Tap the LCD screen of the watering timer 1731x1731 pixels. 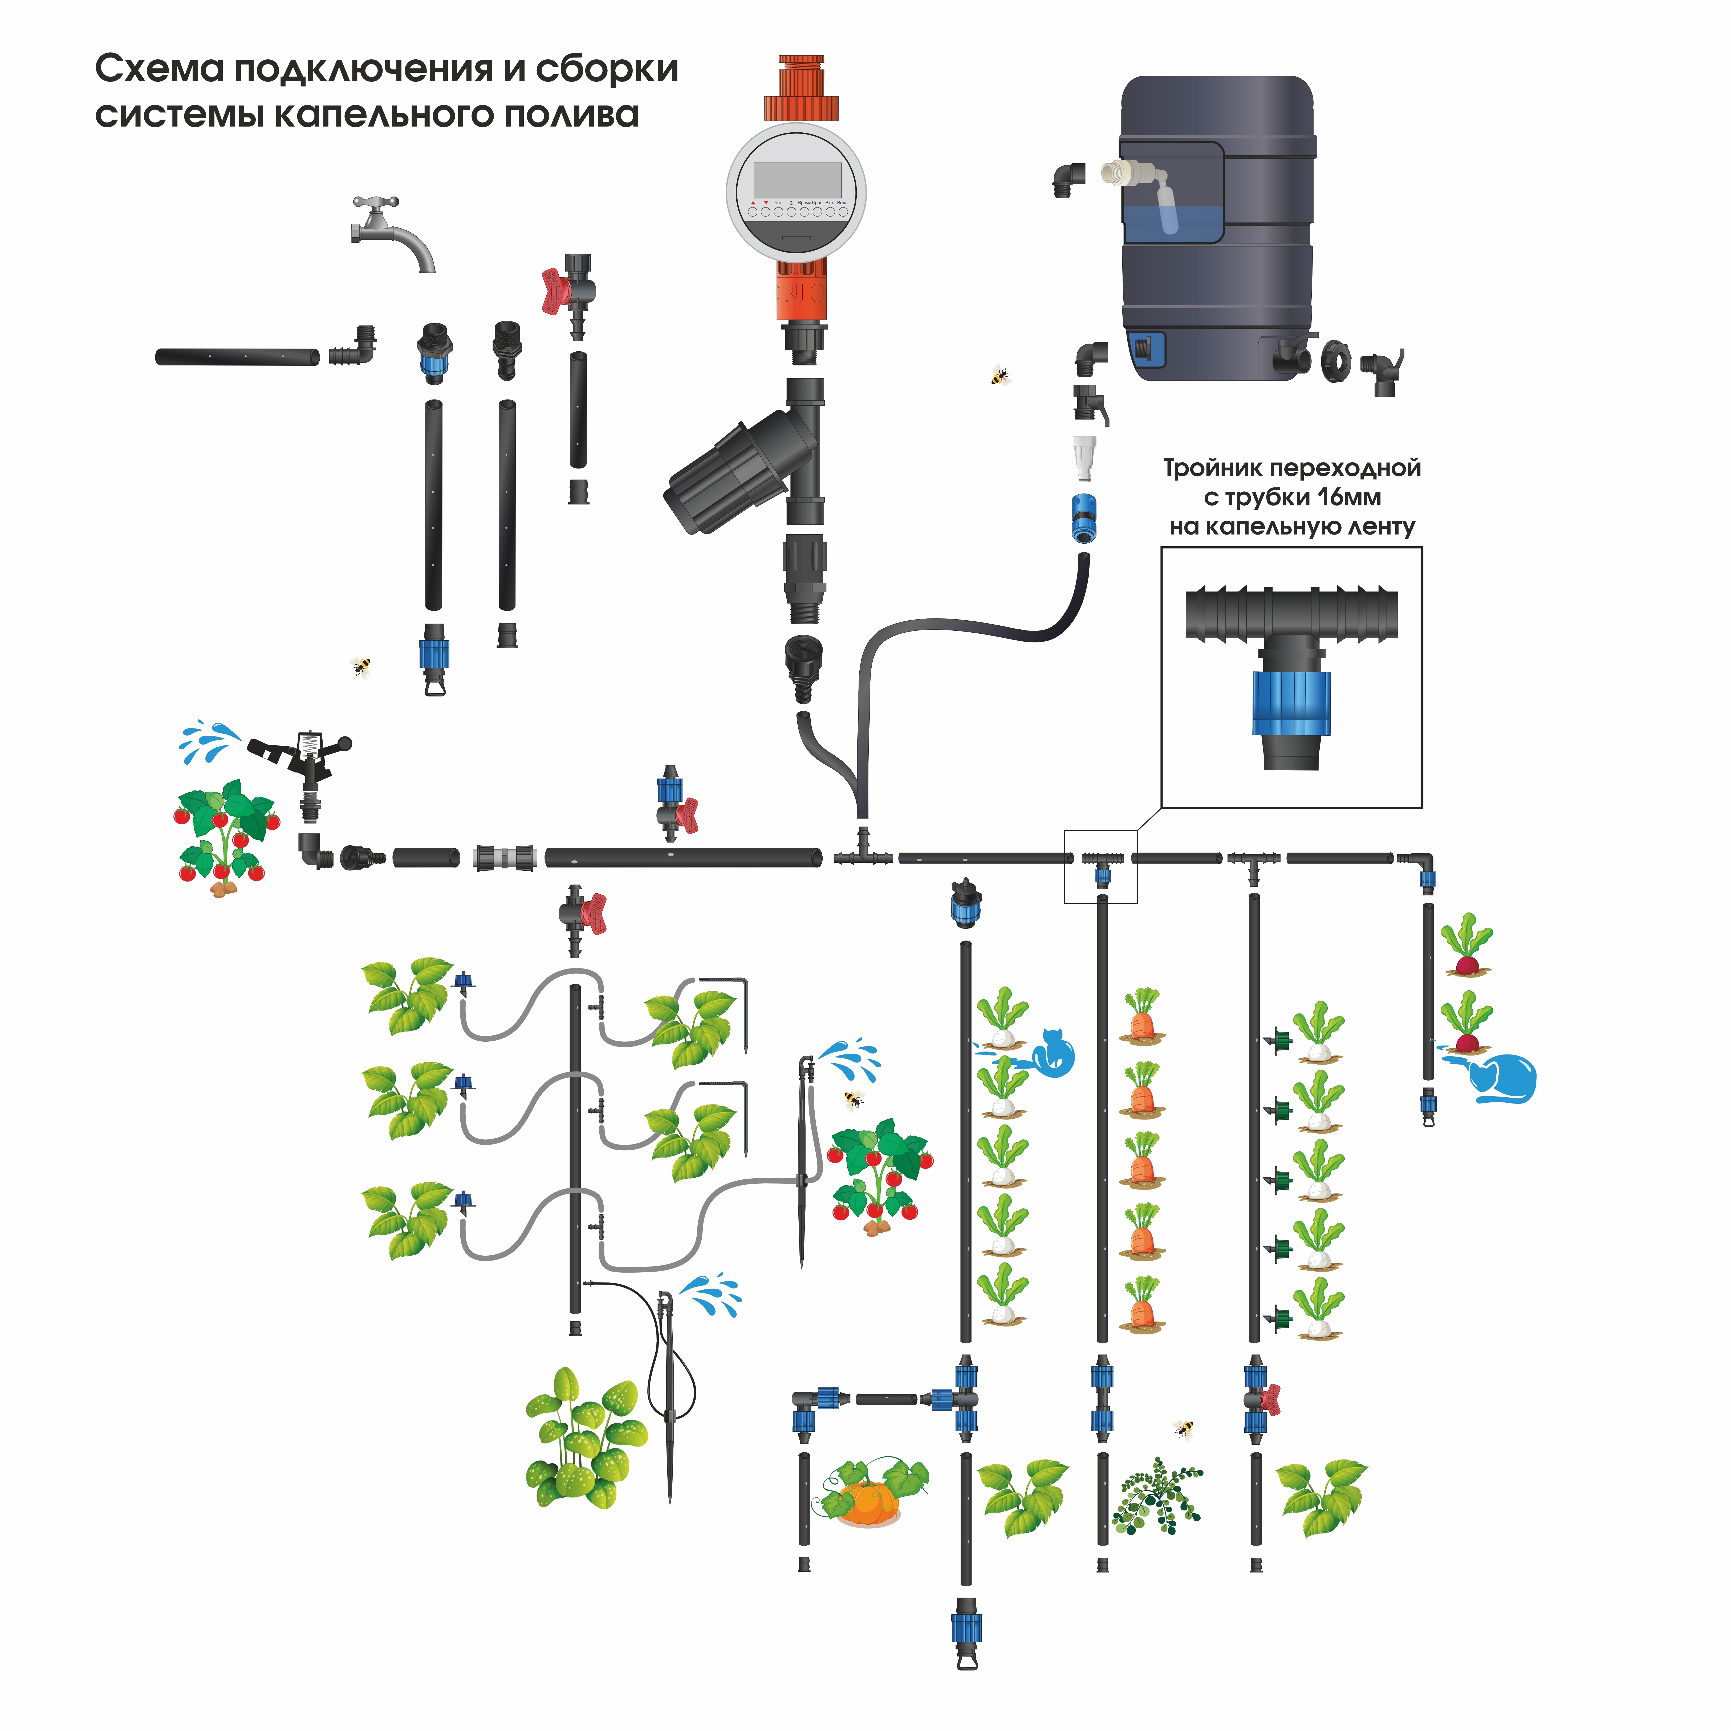point(797,180)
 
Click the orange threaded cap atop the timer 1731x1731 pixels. point(802,89)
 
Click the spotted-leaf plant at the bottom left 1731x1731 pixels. point(584,1438)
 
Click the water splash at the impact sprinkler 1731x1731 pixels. point(209,740)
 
